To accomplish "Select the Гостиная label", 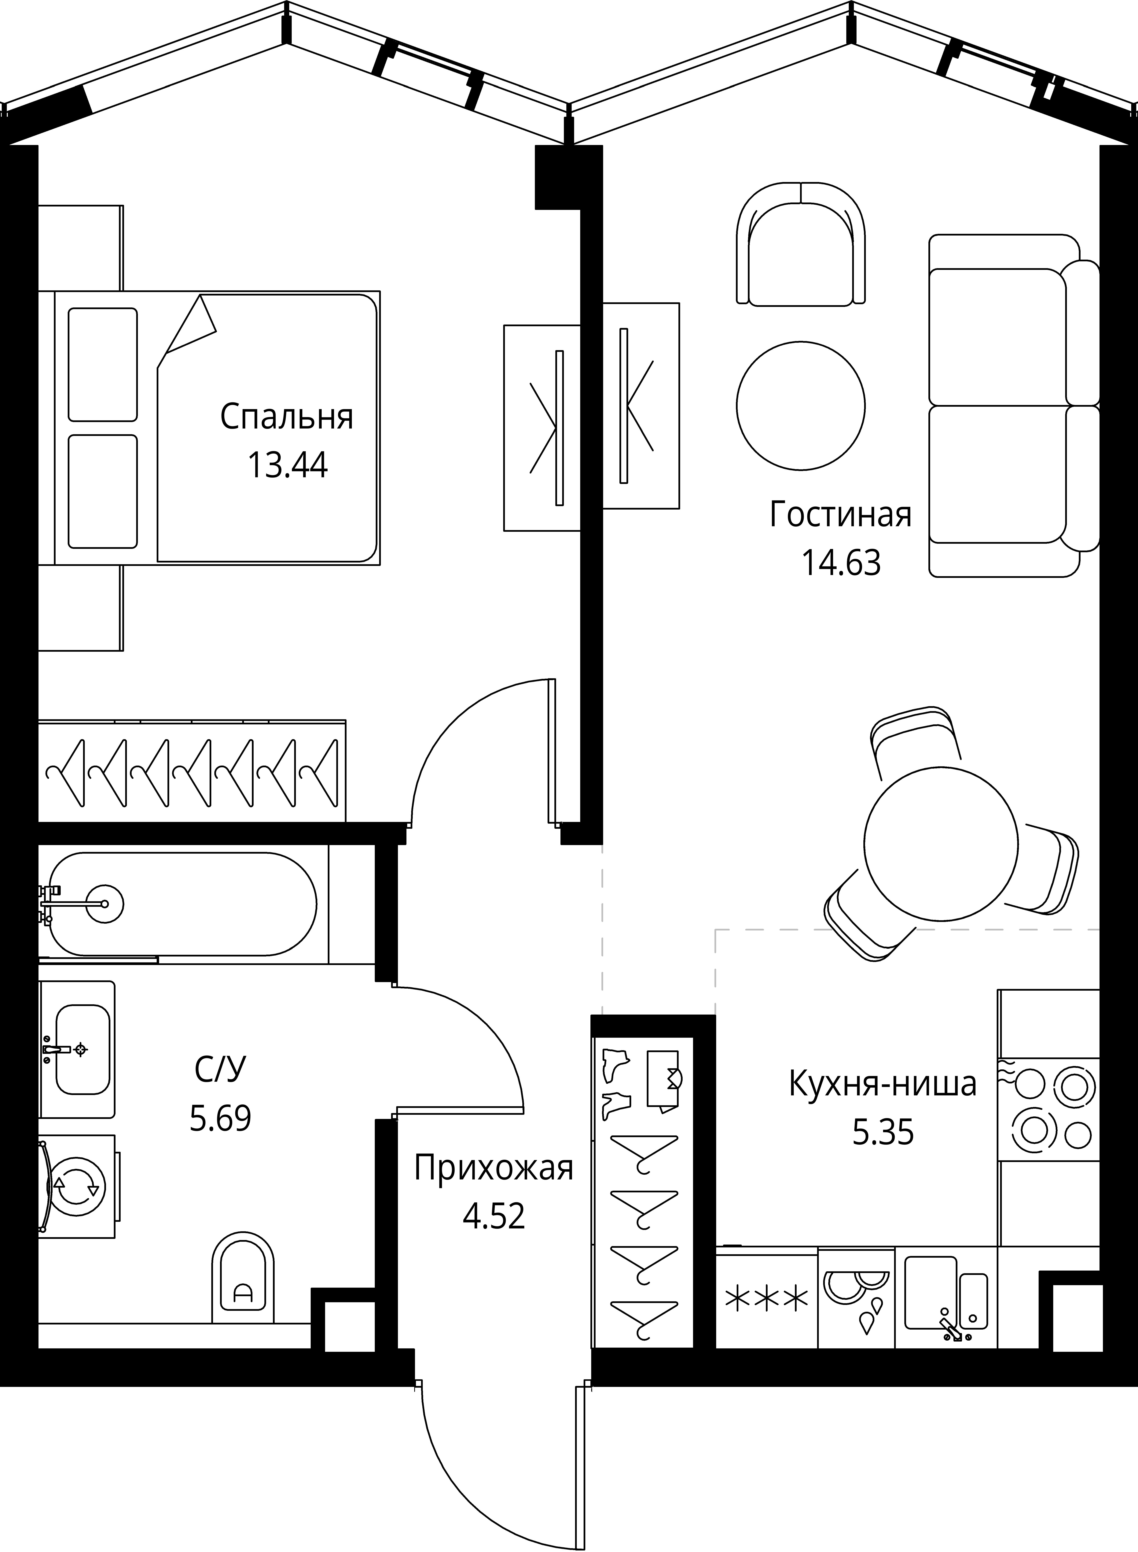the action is point(840,515).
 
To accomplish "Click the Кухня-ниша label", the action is point(883,1084).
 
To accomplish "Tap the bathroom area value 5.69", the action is point(220,1118).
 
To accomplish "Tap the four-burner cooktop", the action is point(1048,1110).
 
